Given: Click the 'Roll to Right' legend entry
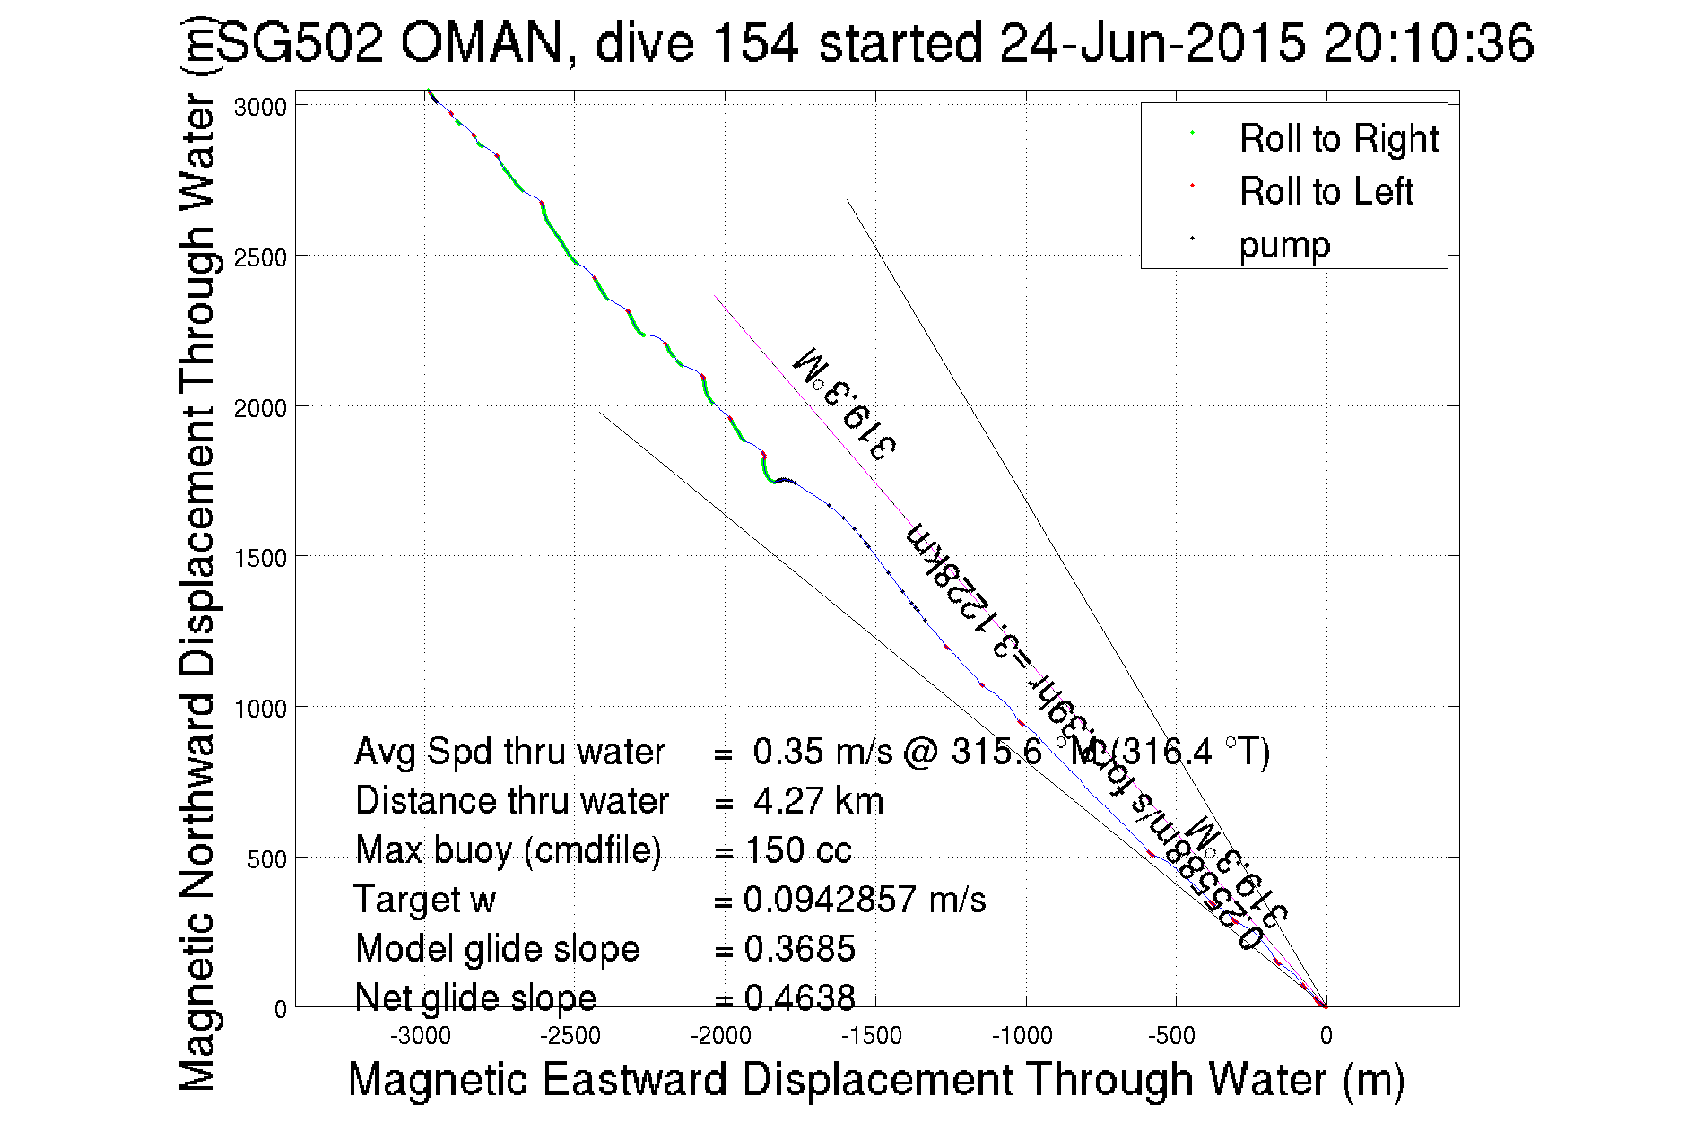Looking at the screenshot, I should [x=1337, y=139].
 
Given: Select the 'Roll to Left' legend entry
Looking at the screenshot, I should [x=1326, y=192].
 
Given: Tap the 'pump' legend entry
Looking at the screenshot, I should [x=1284, y=245].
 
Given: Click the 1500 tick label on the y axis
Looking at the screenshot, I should [x=260, y=558].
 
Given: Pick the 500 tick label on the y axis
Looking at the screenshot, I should [x=266, y=859].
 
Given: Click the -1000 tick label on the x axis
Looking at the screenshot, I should [x=1022, y=1037].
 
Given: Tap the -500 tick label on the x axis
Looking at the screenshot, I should [x=1172, y=1037].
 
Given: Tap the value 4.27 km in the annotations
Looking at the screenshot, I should [x=818, y=801].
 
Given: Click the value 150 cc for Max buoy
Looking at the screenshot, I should [x=798, y=850].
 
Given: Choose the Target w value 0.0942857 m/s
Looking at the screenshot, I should [x=865, y=900].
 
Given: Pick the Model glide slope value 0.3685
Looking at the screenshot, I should [x=799, y=949].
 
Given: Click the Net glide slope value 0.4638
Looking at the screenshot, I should [x=799, y=997].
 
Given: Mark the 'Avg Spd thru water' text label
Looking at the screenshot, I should [x=509, y=752].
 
